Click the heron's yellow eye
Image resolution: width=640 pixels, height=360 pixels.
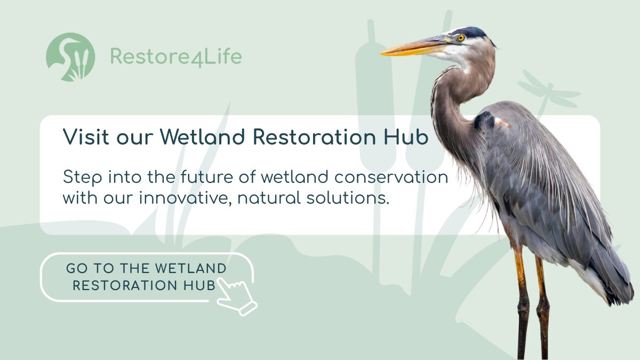click(x=461, y=38)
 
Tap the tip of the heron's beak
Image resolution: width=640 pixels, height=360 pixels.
click(x=381, y=53)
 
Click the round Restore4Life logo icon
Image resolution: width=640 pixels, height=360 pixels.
click(x=70, y=57)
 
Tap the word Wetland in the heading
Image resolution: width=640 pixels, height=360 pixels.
click(x=202, y=137)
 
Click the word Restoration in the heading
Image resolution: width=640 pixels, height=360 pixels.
click(x=314, y=137)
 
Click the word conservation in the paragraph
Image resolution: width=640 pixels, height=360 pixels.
click(x=391, y=177)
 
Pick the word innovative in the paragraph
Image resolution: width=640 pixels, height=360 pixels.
click(x=185, y=198)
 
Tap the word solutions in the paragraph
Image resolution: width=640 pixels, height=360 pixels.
click(x=348, y=198)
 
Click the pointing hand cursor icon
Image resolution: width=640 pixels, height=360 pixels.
click(x=237, y=297)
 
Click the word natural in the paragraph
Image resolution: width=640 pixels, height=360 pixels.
click(x=269, y=198)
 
